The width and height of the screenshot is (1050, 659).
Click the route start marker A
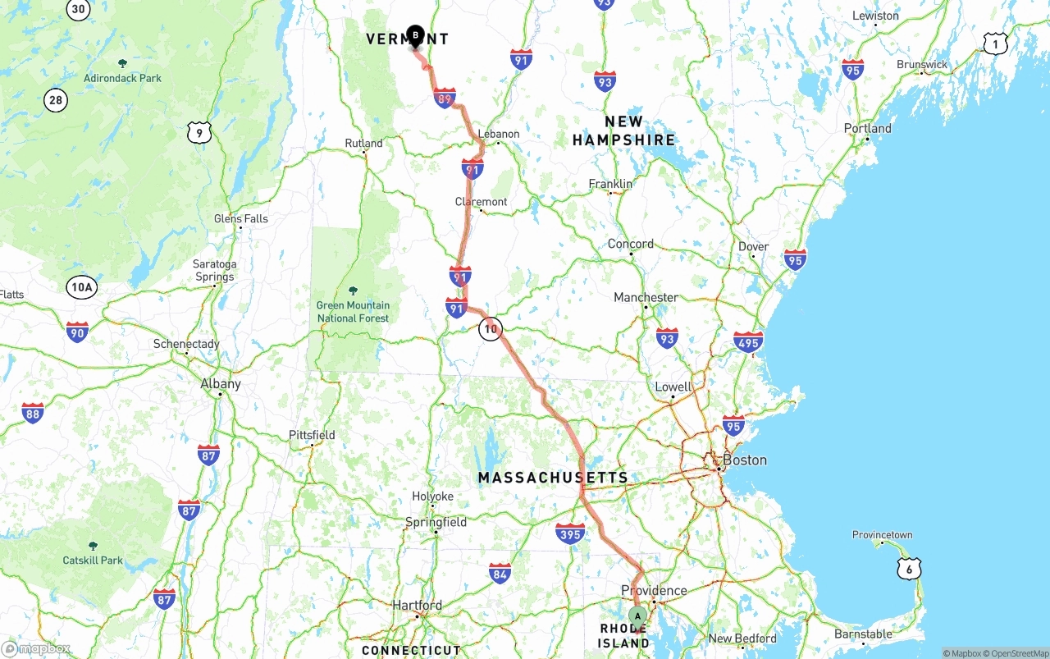point(637,616)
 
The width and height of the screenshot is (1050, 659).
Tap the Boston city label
point(744,460)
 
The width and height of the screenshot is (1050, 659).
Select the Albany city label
point(221,384)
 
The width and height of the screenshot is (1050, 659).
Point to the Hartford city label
point(417,606)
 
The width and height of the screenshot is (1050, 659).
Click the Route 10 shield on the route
point(490,329)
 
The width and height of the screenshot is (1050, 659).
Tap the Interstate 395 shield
point(570,533)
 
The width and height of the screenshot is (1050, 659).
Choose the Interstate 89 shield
point(445,98)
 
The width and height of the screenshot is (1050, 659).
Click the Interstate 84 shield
point(500,573)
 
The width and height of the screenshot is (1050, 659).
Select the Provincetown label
point(882,535)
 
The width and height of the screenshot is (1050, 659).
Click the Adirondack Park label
point(122,79)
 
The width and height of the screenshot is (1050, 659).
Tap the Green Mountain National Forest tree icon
point(353,291)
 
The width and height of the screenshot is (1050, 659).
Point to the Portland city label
point(867,129)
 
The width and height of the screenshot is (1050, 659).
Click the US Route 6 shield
point(909,568)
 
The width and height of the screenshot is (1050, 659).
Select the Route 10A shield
point(82,287)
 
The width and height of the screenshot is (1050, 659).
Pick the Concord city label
point(631,245)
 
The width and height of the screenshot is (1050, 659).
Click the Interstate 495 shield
point(748,341)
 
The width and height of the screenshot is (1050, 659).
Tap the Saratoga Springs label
point(214,270)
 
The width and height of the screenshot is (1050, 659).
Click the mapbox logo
point(36,648)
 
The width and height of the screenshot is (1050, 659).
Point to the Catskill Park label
point(93,561)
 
